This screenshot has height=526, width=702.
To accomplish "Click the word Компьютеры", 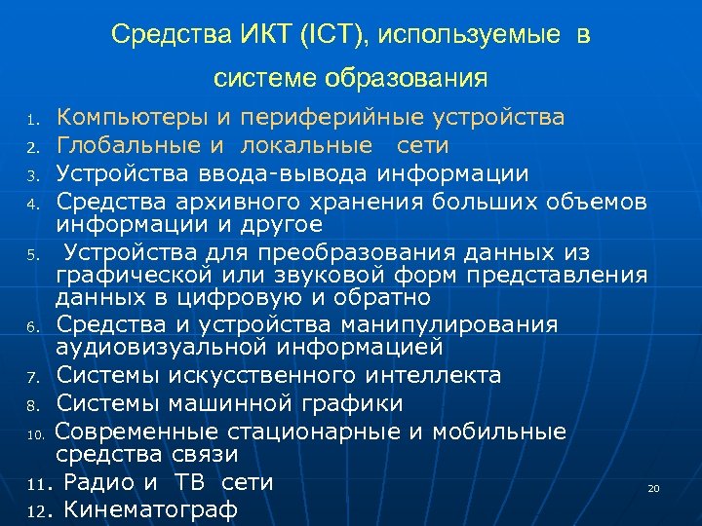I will (134, 118).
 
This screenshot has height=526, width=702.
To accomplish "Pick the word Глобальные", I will (130, 146).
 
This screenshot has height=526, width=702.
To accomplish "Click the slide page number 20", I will (653, 488).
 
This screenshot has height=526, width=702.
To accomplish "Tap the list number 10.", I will (34, 432).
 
